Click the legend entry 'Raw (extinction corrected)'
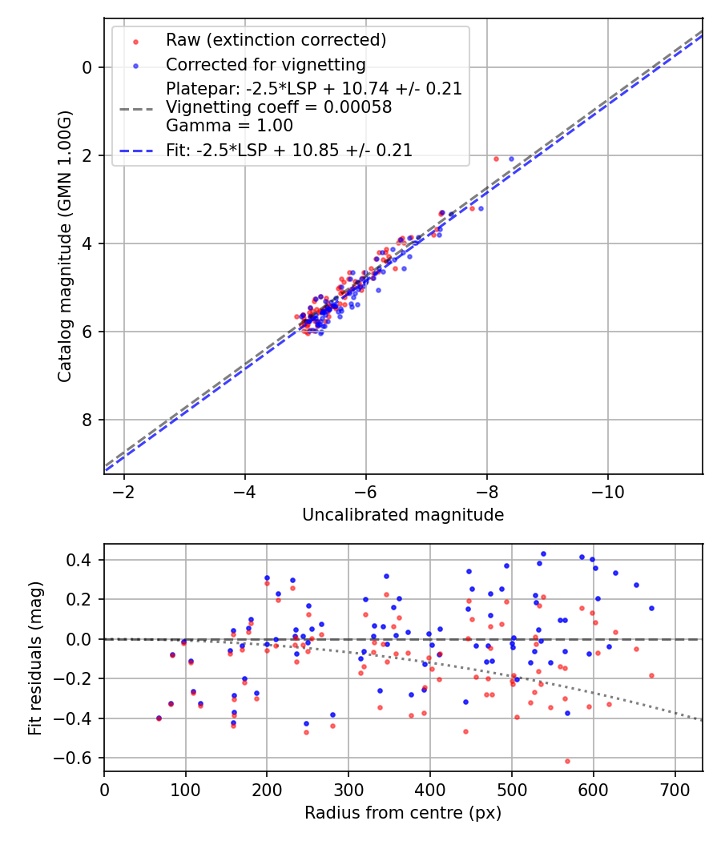coord(276,40)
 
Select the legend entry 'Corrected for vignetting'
coord(265,65)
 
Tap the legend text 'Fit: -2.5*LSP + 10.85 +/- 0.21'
coord(289,151)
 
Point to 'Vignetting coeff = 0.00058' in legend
coord(279,107)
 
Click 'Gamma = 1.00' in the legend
coord(229,126)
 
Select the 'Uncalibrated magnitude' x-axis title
coord(403,515)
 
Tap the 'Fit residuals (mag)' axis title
coord(35,658)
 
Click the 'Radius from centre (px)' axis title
coord(403,813)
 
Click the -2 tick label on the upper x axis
coord(124,490)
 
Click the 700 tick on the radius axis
coord(675,788)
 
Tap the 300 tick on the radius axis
coord(348,788)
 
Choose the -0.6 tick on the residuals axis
coord(77,758)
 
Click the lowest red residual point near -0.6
coord(567,761)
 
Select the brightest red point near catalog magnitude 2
coord(496,159)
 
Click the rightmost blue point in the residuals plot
coord(651,608)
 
